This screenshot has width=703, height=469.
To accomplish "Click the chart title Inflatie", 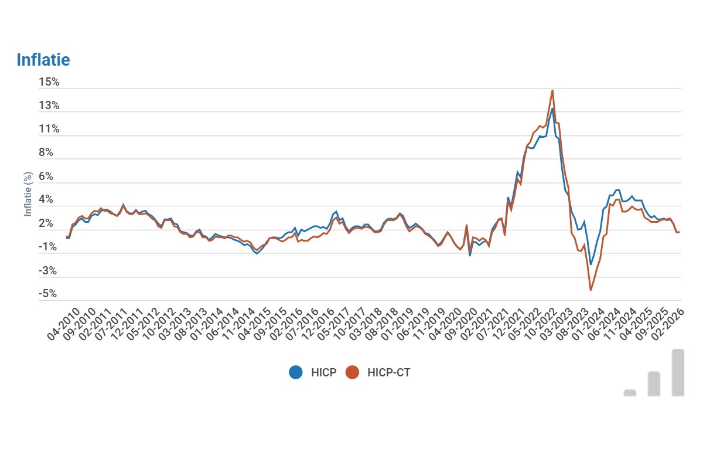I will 43,60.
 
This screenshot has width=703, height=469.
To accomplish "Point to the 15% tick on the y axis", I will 49,82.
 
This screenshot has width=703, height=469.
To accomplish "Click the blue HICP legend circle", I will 296,372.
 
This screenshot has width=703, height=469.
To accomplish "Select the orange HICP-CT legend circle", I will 352,372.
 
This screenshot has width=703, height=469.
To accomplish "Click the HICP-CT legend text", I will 389,372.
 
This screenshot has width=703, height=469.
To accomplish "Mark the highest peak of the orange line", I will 552,90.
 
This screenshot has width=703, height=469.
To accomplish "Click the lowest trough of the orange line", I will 591,290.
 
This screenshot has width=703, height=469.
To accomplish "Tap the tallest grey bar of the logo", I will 678,372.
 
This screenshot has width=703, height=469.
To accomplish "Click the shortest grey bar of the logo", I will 630,393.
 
